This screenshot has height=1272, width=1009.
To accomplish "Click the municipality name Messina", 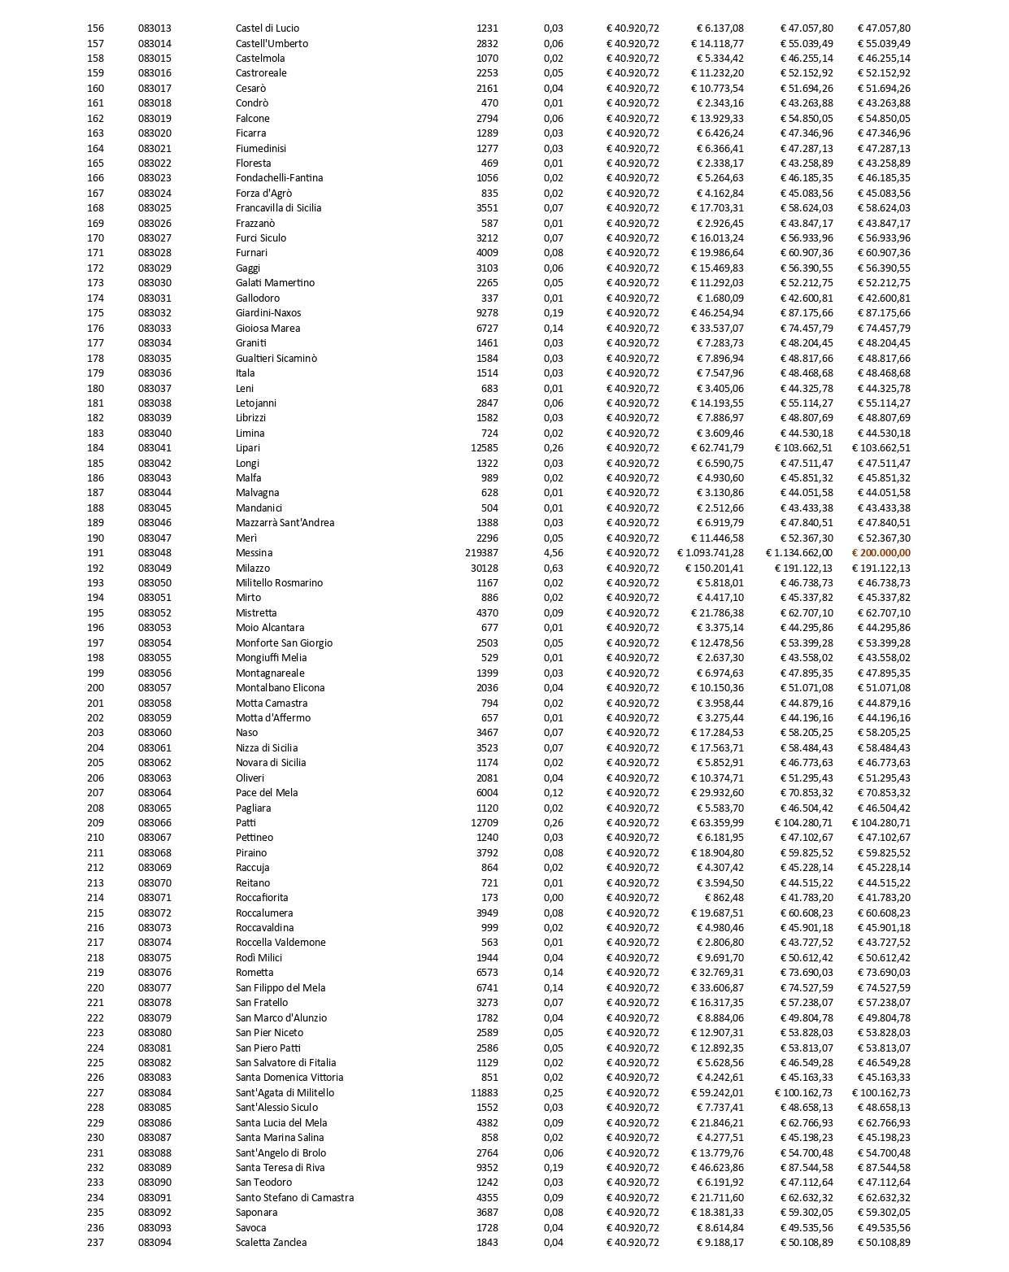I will coord(254,553).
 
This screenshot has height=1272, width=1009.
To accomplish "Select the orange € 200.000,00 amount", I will coord(881,553).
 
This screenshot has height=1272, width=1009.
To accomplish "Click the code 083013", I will coord(154,28).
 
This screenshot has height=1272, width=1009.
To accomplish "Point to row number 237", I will coord(95,1243).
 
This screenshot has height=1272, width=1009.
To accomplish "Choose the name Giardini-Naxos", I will coord(268,313).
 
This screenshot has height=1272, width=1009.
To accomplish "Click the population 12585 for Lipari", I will coord(485,448).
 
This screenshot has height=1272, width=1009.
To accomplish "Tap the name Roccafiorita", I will coord(262,898).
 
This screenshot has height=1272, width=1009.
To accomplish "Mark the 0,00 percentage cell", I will coord(553,898).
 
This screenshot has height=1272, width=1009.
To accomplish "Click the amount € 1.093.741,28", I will coord(710,553).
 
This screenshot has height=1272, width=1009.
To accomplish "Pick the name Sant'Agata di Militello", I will coord(285,1093).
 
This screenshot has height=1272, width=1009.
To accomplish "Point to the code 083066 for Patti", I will coord(154,823).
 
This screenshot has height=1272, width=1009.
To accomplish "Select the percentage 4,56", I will coord(553,553).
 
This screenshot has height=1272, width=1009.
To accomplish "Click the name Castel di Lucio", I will coord(267,28).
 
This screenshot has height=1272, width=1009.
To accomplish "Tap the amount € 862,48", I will coord(721,898).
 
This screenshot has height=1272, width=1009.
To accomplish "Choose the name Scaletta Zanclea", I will coord(272,1243).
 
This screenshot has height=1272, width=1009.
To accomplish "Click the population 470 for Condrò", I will coord(489,103).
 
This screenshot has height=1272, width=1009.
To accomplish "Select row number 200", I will coord(95,688).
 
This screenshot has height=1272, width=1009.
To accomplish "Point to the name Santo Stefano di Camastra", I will coord(294,1198).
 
